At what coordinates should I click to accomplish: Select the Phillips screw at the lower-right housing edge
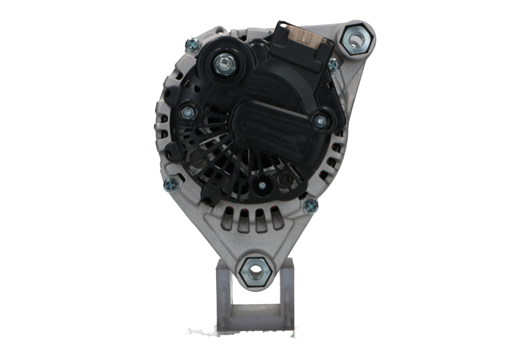[x=312, y=205]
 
